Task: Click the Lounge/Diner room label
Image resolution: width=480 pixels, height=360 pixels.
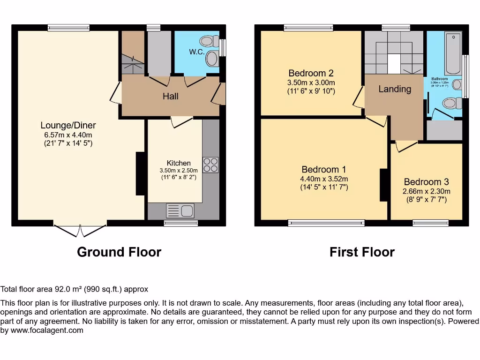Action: pyautogui.click(x=68, y=125)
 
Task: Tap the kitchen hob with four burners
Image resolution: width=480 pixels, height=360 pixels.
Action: pyautogui.click(x=210, y=165)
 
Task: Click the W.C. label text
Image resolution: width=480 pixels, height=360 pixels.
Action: pyautogui.click(x=196, y=52)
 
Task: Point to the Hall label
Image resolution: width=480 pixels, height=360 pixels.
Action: pyautogui.click(x=170, y=96)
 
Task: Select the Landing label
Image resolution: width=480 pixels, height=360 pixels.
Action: pyautogui.click(x=395, y=89)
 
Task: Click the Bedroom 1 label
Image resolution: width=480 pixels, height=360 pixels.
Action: pyautogui.click(x=324, y=170)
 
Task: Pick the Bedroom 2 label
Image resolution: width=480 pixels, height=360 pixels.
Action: pyautogui.click(x=311, y=73)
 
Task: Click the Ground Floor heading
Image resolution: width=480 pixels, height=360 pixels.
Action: pyautogui.click(x=119, y=252)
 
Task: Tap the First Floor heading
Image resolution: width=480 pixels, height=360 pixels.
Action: pyautogui.click(x=362, y=252)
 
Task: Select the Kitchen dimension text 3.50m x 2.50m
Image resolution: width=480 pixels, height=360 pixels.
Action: pyautogui.click(x=179, y=171)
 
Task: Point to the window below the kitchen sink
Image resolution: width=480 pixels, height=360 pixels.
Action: pyautogui.click(x=181, y=224)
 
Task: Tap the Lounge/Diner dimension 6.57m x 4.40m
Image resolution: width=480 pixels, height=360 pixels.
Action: pyautogui.click(x=68, y=135)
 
